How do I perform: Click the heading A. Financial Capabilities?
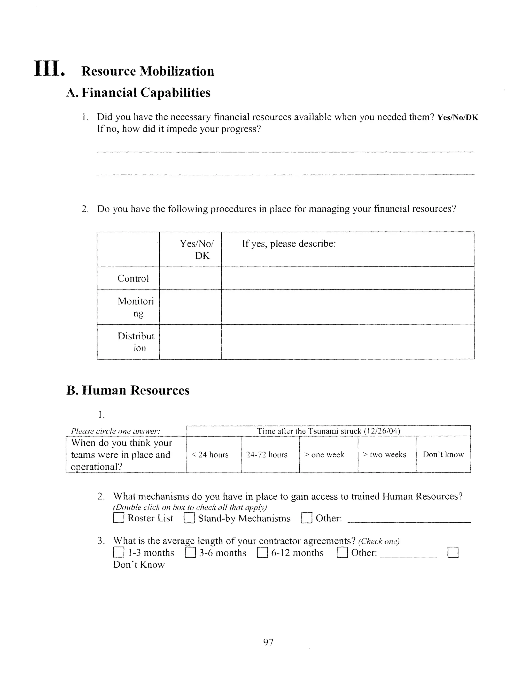point(138,93)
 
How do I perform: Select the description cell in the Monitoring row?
point(348,307)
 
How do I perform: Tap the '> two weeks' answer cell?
point(387,454)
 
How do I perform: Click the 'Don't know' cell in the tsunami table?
point(443,454)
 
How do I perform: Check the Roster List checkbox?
point(119,518)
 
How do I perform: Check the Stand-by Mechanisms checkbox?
point(189,518)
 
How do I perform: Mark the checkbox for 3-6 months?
point(190,552)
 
